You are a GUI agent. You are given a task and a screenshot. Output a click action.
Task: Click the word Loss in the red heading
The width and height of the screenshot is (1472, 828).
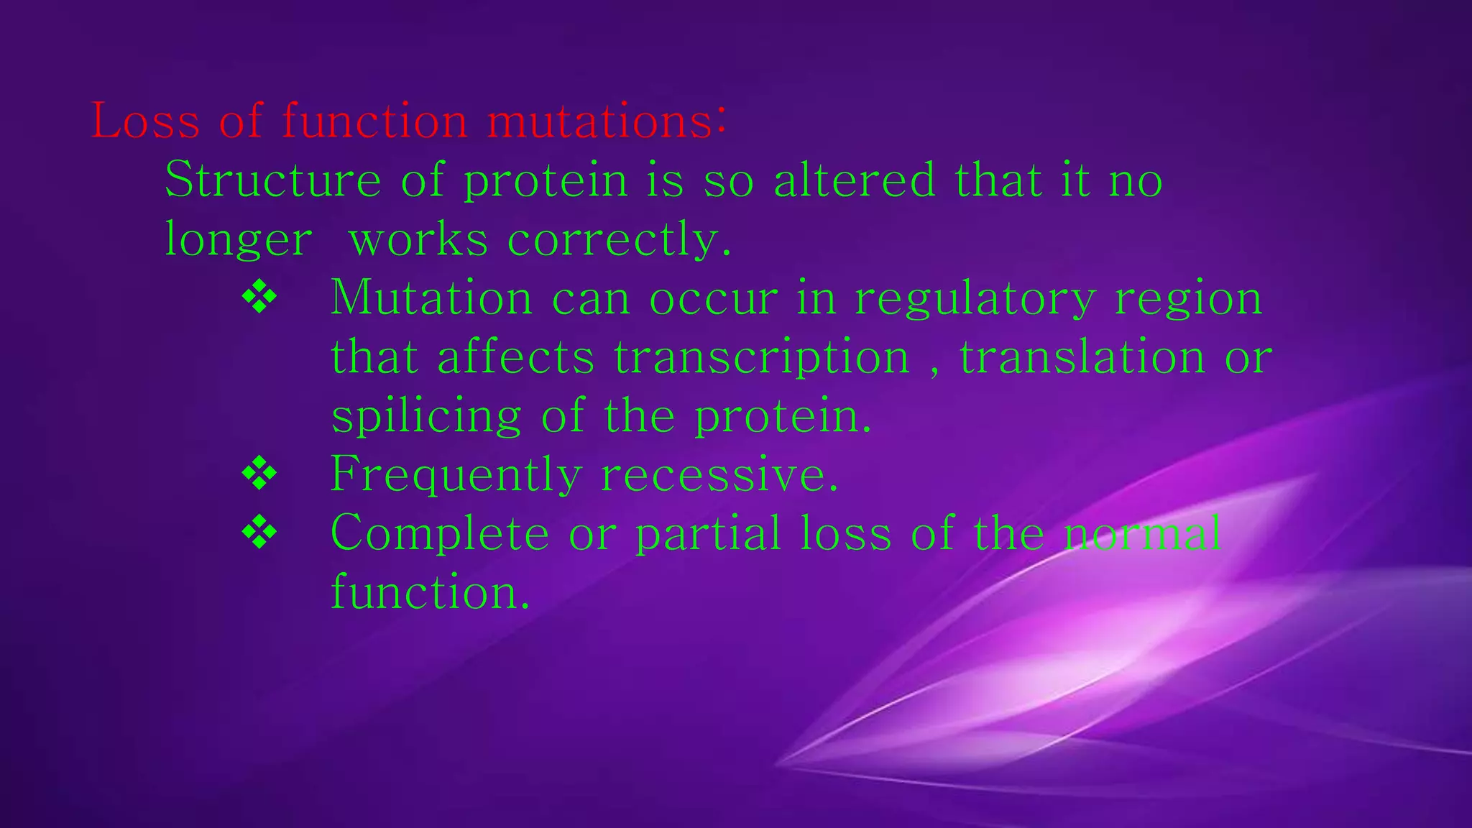click(145, 121)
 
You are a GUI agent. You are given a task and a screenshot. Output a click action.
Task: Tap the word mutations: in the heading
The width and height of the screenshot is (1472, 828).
click(607, 121)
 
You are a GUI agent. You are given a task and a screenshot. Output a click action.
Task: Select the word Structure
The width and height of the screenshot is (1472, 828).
click(273, 180)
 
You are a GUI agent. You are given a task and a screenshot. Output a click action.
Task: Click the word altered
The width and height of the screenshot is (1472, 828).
click(855, 180)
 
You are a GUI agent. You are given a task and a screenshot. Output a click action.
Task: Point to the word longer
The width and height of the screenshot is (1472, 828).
click(239, 239)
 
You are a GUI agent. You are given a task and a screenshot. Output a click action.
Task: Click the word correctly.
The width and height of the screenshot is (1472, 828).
click(620, 239)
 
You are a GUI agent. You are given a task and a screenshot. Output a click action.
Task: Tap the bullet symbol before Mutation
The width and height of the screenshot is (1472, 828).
click(259, 298)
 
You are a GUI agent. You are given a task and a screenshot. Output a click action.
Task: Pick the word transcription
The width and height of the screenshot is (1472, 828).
click(762, 357)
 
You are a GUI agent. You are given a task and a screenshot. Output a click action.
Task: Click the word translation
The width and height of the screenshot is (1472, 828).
click(1082, 357)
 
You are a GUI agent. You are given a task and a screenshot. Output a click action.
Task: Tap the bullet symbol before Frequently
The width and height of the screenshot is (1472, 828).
click(259, 474)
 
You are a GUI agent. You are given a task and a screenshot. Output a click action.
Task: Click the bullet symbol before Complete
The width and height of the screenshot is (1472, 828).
click(259, 533)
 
